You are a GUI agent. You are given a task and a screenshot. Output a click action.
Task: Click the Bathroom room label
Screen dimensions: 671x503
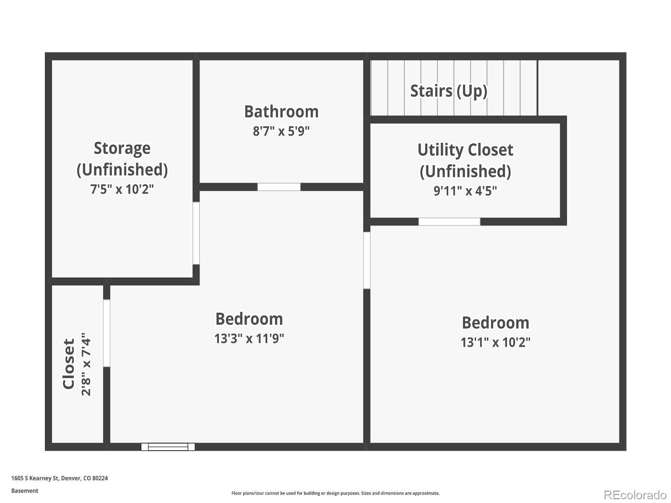[281, 112]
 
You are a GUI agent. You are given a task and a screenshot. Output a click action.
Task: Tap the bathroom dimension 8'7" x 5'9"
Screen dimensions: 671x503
[281, 131]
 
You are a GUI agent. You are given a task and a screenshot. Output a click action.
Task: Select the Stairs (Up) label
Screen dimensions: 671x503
[448, 91]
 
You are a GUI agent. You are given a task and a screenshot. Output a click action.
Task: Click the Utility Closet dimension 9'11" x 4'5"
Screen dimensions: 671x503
[465, 191]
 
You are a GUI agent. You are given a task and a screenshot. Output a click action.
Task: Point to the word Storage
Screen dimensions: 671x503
[122, 149]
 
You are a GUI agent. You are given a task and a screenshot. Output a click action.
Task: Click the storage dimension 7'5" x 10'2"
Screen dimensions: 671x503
[122, 189]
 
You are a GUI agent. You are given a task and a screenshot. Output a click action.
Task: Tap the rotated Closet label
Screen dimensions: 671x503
[68, 364]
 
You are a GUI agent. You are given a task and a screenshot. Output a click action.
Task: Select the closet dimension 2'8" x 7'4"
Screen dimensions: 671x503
[86, 364]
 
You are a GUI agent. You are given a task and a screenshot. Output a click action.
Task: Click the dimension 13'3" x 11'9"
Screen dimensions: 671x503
[249, 339]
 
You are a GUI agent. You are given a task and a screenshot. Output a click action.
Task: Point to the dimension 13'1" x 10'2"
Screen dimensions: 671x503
[496, 342]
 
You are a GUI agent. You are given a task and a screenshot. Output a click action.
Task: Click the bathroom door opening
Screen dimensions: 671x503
[279, 187]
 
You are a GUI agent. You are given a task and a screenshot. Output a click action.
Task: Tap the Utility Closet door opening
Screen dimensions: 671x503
[449, 222]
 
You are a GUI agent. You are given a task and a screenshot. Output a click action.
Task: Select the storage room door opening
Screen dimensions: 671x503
[196, 233]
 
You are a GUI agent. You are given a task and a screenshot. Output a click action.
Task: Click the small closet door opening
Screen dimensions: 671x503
[107, 333]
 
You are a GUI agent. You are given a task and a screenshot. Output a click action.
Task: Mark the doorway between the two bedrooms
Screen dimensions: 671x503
[367, 260]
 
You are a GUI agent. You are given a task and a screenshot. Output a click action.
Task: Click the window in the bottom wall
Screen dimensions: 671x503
[168, 447]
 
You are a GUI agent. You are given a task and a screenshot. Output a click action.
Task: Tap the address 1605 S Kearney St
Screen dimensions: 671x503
[35, 478]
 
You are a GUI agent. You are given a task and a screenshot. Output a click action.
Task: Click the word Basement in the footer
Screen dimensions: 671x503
[25, 491]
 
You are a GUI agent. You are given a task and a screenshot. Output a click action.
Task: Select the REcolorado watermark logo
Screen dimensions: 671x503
[635, 495]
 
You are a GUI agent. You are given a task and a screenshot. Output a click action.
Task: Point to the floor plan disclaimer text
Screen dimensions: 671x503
[335, 493]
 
